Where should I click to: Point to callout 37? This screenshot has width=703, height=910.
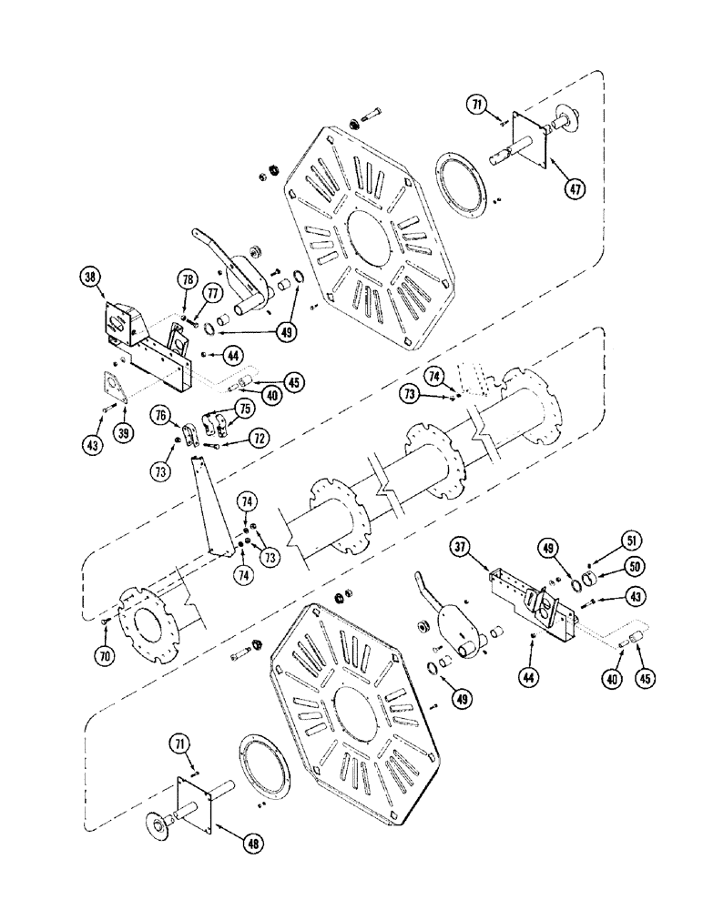click(459, 547)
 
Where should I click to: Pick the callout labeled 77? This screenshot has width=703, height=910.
click(211, 294)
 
